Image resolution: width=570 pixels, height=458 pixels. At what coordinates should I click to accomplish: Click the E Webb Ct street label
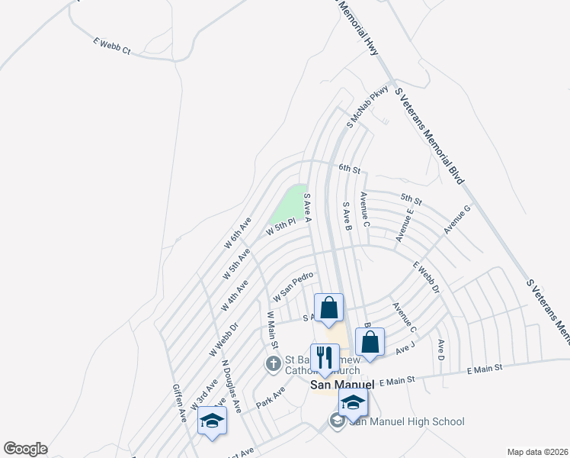pos(112,46)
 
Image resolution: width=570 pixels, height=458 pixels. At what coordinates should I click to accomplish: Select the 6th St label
pos(348,168)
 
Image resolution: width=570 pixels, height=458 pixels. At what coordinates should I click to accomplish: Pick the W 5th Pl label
pos(280,227)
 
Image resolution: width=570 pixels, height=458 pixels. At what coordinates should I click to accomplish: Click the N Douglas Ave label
pos(232,385)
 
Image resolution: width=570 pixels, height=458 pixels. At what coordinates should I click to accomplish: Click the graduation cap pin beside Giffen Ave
pos(212,421)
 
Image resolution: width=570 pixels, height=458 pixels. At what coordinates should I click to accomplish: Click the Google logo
pos(24,449)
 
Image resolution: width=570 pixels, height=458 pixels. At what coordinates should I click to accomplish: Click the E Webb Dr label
pos(427,278)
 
